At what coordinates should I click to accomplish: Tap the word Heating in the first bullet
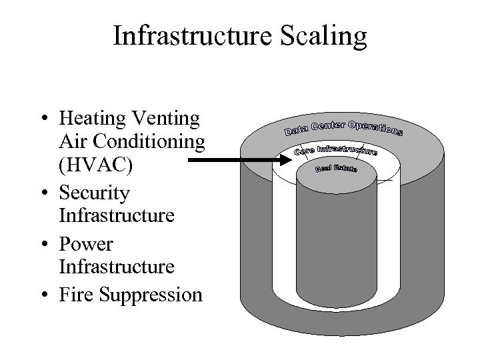click(93, 119)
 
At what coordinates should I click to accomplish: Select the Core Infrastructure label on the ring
click(336, 149)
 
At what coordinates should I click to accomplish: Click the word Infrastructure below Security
click(117, 216)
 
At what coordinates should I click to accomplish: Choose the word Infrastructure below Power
click(117, 267)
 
